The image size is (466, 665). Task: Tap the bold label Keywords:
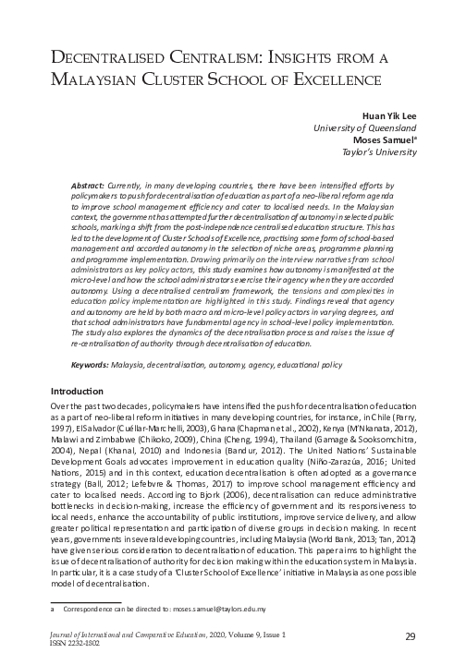point(91,366)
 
